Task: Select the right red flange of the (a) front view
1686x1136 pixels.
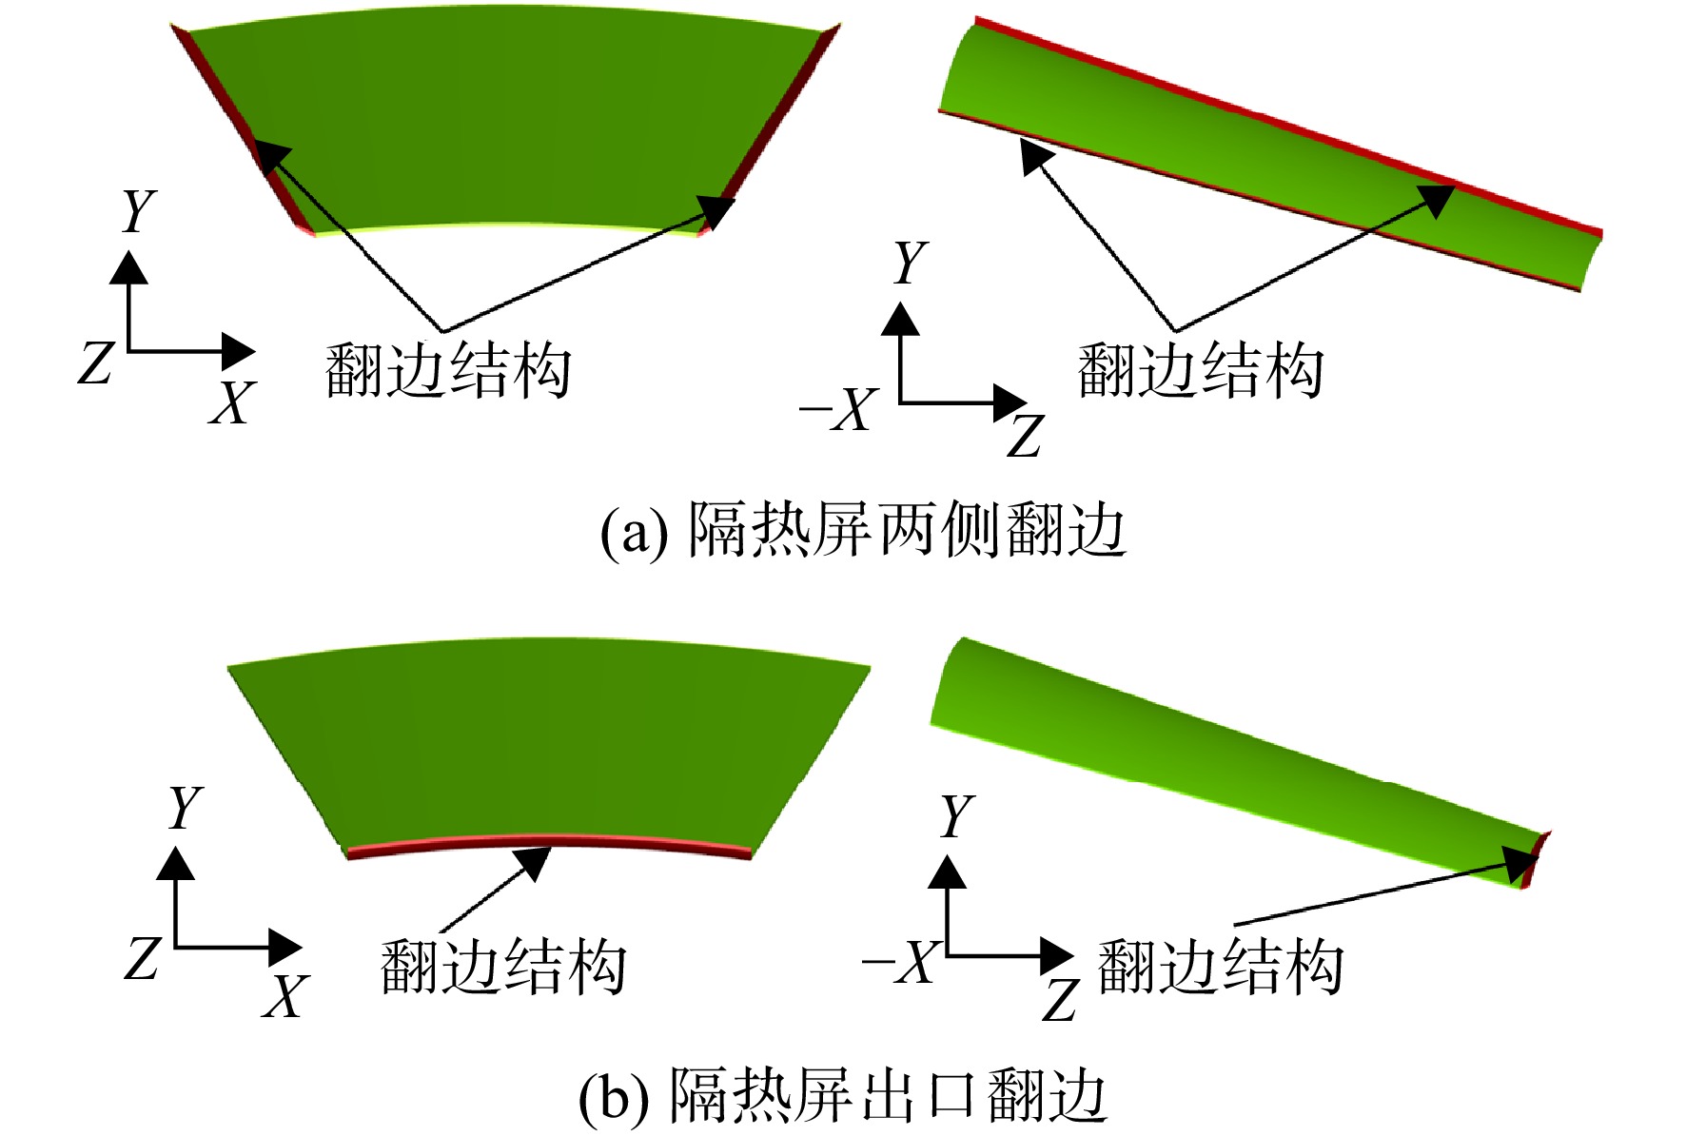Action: (x=770, y=128)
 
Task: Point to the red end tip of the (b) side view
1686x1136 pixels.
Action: (x=1536, y=859)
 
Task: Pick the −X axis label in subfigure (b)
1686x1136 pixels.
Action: (x=899, y=962)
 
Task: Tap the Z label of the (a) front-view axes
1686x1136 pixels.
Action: (x=96, y=362)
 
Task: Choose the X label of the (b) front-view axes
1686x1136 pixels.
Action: (x=286, y=996)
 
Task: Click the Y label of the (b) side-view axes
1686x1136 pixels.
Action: (x=957, y=816)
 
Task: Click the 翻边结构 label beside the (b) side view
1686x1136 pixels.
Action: (x=1221, y=967)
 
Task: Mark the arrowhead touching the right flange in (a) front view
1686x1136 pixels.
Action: (x=716, y=211)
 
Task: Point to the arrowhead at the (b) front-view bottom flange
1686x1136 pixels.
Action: (x=534, y=862)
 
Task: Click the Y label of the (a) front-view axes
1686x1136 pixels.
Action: (x=139, y=210)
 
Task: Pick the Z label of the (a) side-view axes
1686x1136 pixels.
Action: (x=1026, y=437)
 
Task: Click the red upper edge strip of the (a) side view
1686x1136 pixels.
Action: (x=1288, y=126)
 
